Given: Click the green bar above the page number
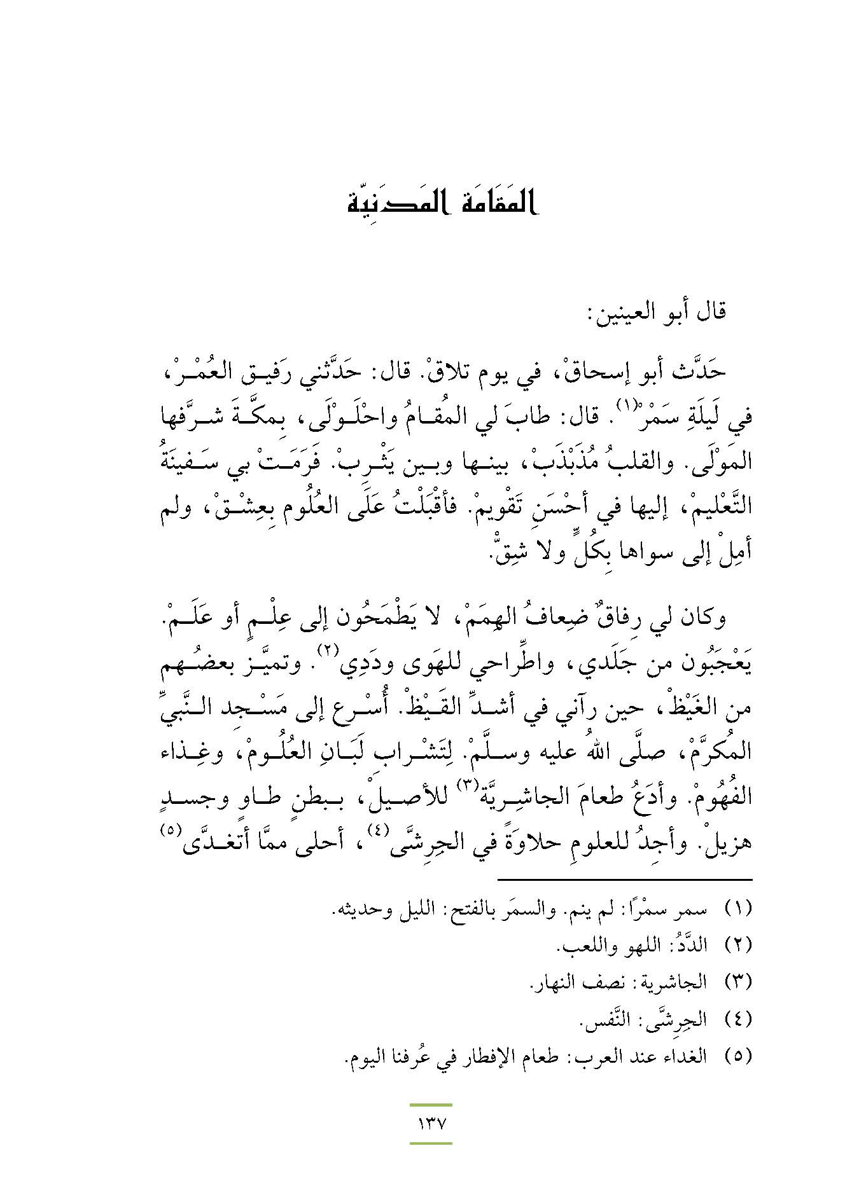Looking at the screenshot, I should click(431, 1105).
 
